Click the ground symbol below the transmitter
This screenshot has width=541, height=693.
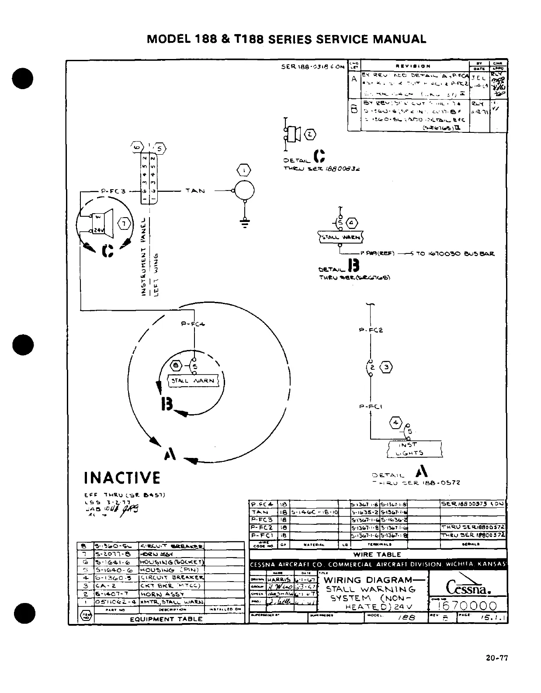click(245, 222)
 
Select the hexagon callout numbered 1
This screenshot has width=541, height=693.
click(244, 170)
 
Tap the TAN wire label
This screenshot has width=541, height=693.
click(194, 191)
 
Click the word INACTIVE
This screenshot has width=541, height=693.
click(122, 478)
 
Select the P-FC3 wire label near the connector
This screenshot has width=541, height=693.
click(113, 191)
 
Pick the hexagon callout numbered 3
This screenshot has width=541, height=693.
click(387, 367)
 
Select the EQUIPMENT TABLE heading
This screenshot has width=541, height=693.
click(166, 619)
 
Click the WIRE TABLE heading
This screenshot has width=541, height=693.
click(377, 554)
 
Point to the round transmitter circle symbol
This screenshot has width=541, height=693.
click(244, 191)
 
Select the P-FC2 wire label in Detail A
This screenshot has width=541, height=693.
click(371, 330)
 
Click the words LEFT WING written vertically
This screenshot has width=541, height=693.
click(158, 275)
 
